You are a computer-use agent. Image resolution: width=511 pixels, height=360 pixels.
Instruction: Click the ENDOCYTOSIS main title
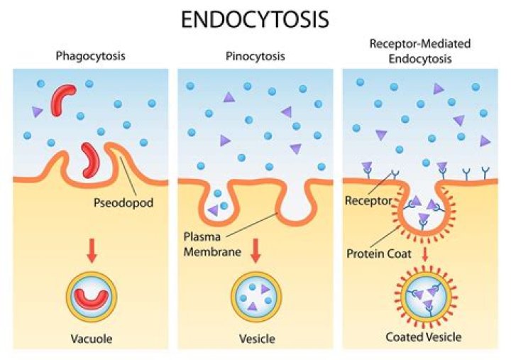pyautogui.click(x=255, y=19)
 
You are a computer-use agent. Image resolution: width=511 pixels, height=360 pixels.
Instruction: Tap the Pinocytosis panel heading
pyautogui.click(x=255, y=56)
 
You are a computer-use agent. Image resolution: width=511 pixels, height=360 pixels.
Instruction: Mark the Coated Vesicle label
pyautogui.click(x=424, y=337)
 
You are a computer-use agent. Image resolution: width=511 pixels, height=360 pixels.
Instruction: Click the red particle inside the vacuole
pyautogui.click(x=92, y=296)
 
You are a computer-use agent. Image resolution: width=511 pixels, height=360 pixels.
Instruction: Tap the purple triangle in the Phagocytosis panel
pyautogui.click(x=38, y=111)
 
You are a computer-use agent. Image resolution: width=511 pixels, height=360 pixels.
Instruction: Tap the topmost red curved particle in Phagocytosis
pyautogui.click(x=62, y=100)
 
